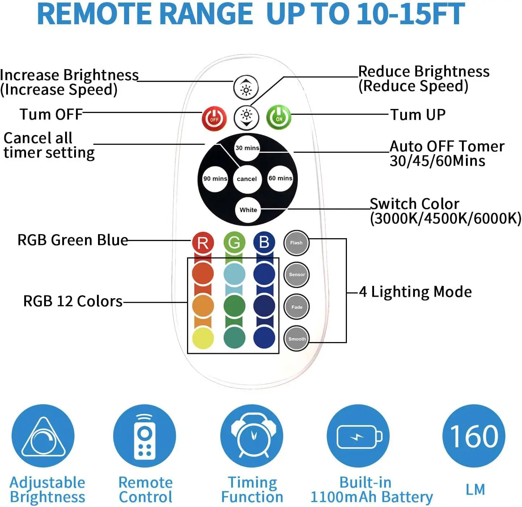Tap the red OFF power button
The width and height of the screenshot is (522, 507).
click(x=214, y=119)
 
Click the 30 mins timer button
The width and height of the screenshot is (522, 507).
click(x=247, y=148)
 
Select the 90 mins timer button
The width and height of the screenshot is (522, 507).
click(x=215, y=178)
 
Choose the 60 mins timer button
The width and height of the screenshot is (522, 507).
click(x=280, y=178)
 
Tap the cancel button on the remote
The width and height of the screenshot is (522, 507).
click(x=247, y=179)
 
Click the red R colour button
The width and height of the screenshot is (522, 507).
click(x=203, y=242)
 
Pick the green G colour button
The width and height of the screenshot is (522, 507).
click(x=234, y=242)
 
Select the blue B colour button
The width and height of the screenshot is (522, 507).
click(x=264, y=242)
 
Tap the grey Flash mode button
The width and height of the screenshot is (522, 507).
click(x=296, y=243)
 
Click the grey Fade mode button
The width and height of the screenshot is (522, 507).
click(x=297, y=307)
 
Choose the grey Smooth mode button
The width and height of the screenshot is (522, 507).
click(x=297, y=339)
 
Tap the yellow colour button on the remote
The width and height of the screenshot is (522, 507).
click(x=203, y=338)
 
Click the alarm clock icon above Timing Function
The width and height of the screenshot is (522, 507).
click(x=252, y=436)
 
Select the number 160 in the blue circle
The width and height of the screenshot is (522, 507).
click(x=474, y=436)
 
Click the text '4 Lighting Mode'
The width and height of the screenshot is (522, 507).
click(x=415, y=292)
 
